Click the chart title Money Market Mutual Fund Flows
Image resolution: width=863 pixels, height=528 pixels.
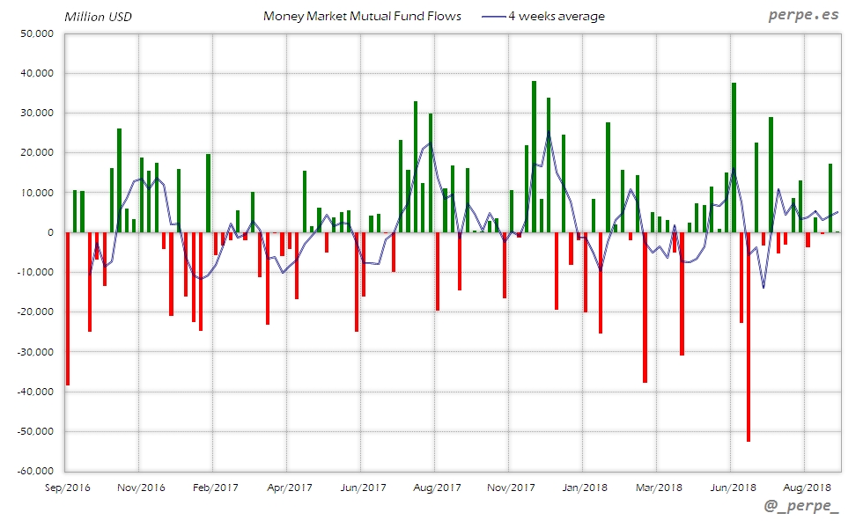(362, 16)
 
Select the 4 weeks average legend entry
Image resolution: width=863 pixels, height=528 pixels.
(556, 16)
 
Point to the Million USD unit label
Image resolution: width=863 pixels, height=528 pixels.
(98, 17)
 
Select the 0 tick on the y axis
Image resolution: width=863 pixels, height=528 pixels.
(50, 232)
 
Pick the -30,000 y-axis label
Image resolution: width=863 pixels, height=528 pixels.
(34, 352)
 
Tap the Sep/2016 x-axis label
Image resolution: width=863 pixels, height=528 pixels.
(67, 488)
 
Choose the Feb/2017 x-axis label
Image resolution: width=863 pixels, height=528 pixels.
(215, 488)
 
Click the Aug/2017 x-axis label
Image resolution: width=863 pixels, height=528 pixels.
(437, 488)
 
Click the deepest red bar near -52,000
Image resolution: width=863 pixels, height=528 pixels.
(749, 337)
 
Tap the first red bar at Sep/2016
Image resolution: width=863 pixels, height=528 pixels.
(68, 309)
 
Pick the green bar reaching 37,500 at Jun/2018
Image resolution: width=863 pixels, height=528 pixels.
(734, 158)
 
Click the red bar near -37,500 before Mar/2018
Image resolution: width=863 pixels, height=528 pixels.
(645, 307)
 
